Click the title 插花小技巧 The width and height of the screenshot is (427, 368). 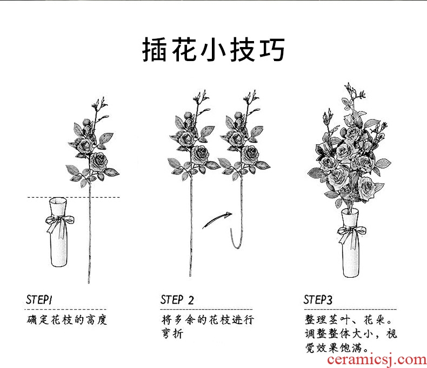[x=213, y=50]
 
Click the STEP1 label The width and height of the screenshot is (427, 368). [x=39, y=300]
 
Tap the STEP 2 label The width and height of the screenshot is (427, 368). [x=177, y=300]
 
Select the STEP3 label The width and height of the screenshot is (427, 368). [x=318, y=299]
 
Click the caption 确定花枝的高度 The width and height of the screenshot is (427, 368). [x=66, y=319]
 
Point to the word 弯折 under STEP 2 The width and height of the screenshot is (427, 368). [x=172, y=333]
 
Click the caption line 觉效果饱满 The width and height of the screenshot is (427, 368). [x=337, y=347]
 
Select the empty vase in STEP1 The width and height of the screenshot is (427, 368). [x=58, y=232]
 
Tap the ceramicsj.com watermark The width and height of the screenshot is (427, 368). [x=377, y=359]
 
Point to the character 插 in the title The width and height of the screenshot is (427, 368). [x=154, y=50]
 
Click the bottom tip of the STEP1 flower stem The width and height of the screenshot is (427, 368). [x=89, y=283]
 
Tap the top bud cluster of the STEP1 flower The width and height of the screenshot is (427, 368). [x=99, y=104]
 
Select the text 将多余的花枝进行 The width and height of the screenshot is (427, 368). [x=208, y=319]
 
